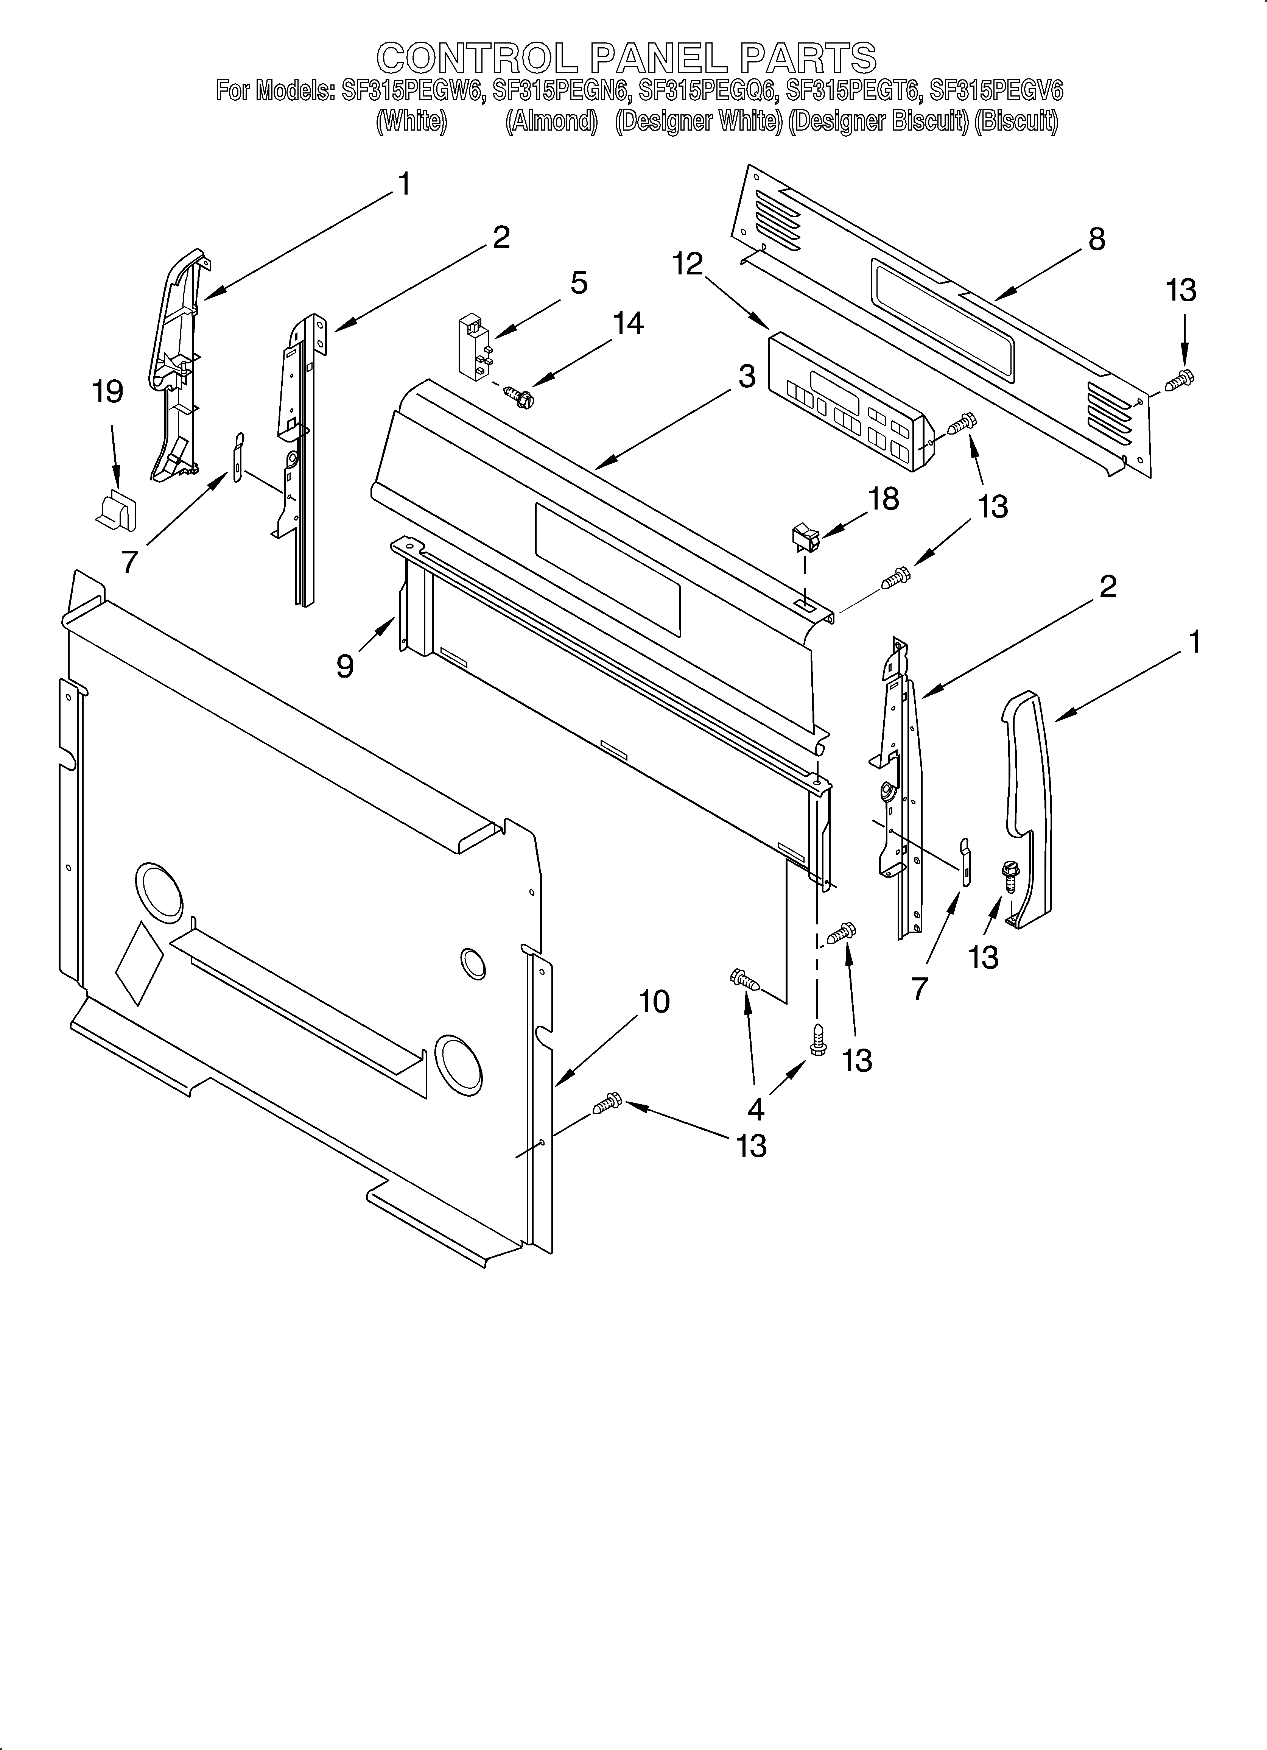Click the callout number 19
coord(107,392)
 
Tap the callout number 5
coord(579,283)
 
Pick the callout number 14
coord(628,323)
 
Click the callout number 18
coord(884,499)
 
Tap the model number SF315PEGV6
coord(995,91)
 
